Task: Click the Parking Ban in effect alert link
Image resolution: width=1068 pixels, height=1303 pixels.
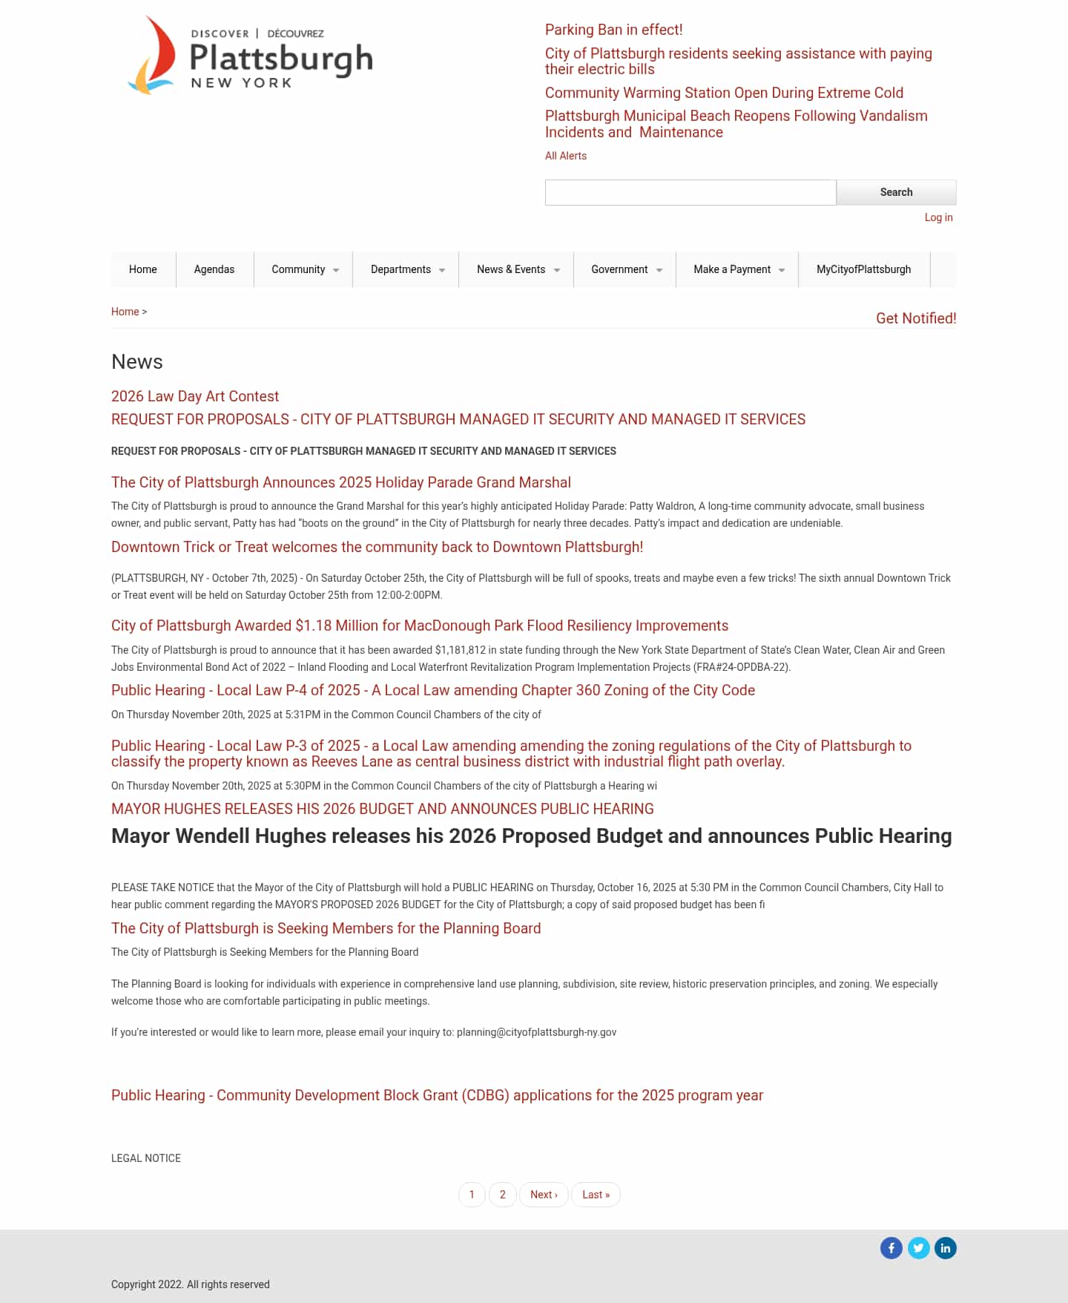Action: [613, 30]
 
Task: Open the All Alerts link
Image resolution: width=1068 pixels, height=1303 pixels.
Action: [565, 156]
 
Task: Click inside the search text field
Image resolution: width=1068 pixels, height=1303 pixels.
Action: [690, 192]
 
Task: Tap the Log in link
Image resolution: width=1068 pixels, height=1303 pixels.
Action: [938, 217]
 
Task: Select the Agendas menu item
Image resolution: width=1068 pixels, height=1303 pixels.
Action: [214, 269]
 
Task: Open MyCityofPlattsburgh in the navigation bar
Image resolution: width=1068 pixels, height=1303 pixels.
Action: [863, 269]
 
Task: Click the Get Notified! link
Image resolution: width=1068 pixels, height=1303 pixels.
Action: [916, 318]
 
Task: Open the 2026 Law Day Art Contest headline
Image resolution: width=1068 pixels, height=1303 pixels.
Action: [195, 396]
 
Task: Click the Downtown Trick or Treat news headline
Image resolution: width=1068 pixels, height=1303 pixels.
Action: [377, 547]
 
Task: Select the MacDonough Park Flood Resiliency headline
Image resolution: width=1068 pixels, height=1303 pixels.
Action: [420, 626]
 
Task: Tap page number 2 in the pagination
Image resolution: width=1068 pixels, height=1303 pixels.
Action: [503, 1195]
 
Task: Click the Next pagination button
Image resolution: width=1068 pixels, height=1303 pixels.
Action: [544, 1195]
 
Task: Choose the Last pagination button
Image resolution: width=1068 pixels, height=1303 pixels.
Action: [596, 1195]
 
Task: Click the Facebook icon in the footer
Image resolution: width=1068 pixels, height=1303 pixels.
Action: [891, 1248]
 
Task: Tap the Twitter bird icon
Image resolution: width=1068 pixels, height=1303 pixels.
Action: [918, 1248]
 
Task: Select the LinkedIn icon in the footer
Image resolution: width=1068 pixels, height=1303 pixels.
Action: [945, 1248]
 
